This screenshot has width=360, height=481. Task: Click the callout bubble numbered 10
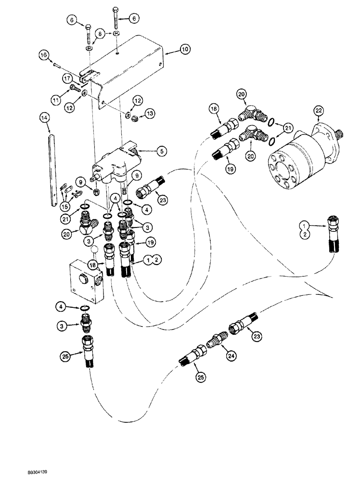coord(172,50)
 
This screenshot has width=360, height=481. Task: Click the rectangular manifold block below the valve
coord(86,278)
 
